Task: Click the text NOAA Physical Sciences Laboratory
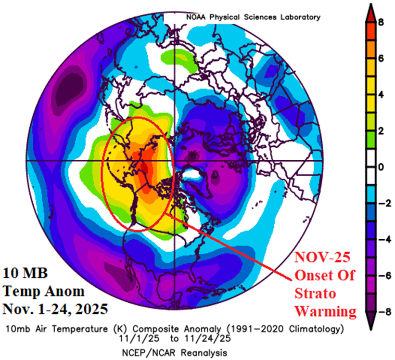click(x=253, y=17)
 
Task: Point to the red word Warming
click(x=326, y=311)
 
